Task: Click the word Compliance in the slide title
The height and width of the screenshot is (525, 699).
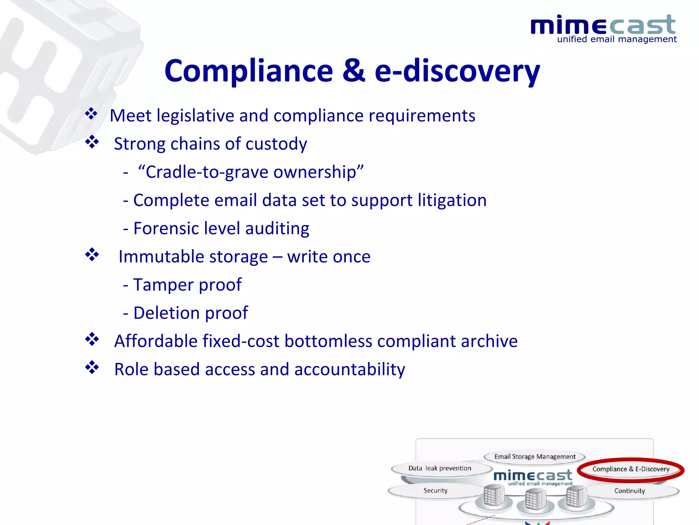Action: [x=248, y=71]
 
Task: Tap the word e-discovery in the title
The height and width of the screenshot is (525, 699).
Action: [x=457, y=71]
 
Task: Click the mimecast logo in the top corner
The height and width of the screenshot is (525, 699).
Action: [x=603, y=29]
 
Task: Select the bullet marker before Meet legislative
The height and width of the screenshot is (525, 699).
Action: [x=91, y=114]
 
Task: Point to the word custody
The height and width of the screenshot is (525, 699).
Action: [x=276, y=144]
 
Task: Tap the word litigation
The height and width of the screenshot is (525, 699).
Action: [x=452, y=200]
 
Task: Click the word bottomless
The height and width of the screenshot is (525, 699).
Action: [x=328, y=341]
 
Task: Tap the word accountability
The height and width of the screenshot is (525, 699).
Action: [x=349, y=369]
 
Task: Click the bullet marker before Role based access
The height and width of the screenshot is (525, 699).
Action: [x=92, y=367]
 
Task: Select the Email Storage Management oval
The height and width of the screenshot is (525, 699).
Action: [x=534, y=457]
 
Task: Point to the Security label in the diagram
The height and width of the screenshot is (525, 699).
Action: [x=435, y=490]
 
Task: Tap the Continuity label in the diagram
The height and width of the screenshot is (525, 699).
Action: [x=629, y=491]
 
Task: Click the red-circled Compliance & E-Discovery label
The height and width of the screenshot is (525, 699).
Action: [x=631, y=469]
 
